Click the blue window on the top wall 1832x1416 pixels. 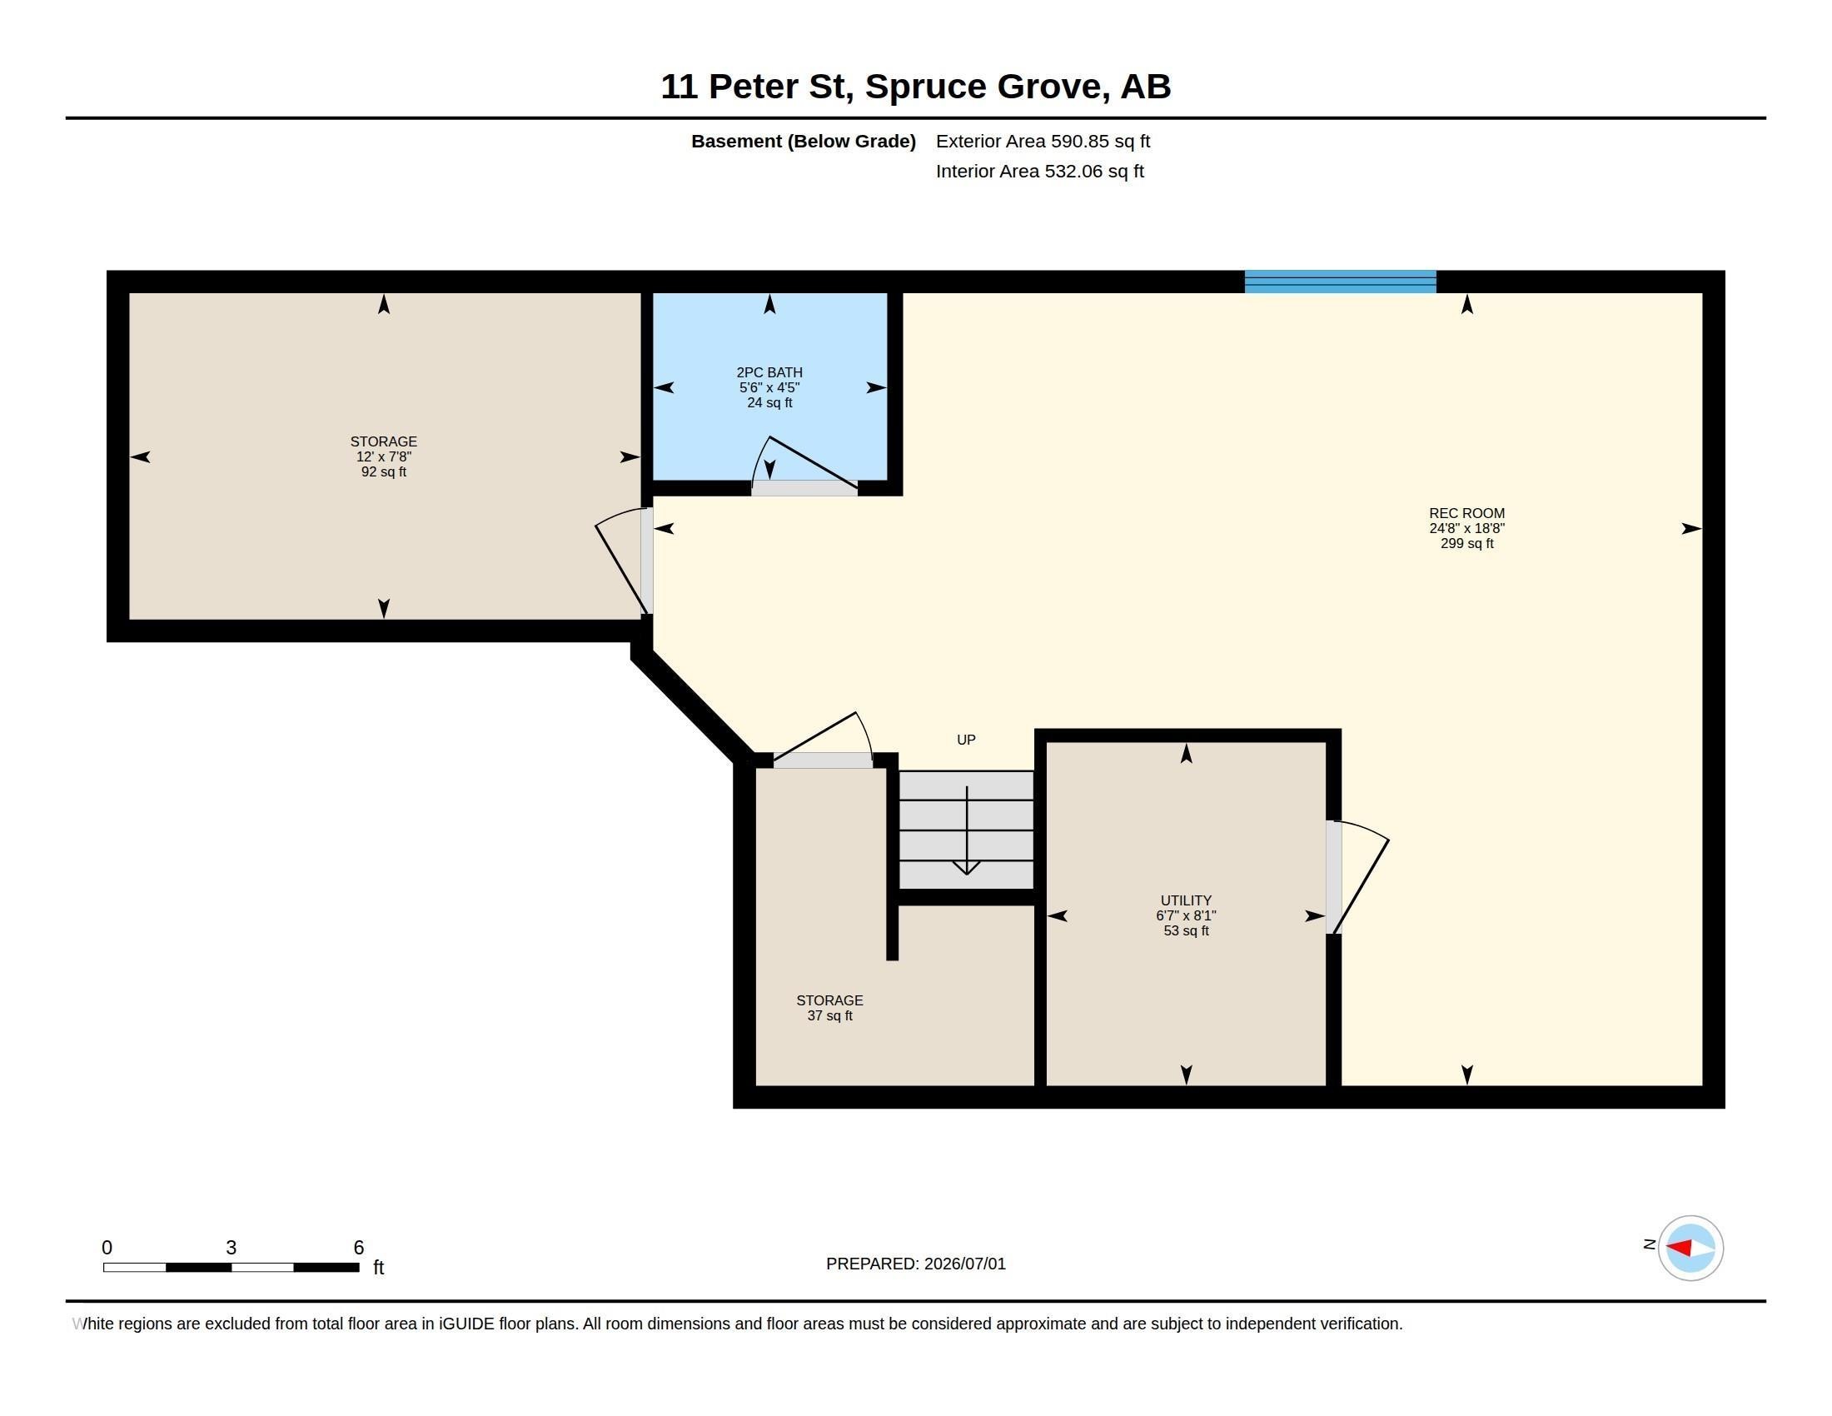[1340, 281]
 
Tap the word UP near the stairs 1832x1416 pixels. [965, 740]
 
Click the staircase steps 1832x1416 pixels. [966, 830]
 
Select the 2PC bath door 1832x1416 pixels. [804, 466]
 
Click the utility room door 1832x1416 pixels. [1356, 876]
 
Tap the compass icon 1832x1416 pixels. [1690, 1248]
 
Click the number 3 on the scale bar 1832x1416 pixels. [231, 1248]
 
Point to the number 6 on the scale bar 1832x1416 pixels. [359, 1248]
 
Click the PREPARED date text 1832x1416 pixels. [915, 1264]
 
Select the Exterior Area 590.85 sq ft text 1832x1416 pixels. [1043, 141]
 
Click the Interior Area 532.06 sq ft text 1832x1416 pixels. [1039, 171]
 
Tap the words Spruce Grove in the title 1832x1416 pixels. [983, 87]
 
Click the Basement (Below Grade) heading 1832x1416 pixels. [803, 141]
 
